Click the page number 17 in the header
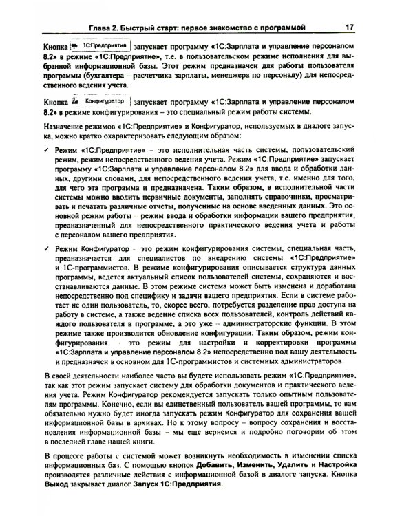pyautogui.click(x=349, y=28)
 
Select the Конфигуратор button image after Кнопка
pyautogui.click(x=103, y=100)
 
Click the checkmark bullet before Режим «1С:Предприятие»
pyautogui.click(x=46, y=149)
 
